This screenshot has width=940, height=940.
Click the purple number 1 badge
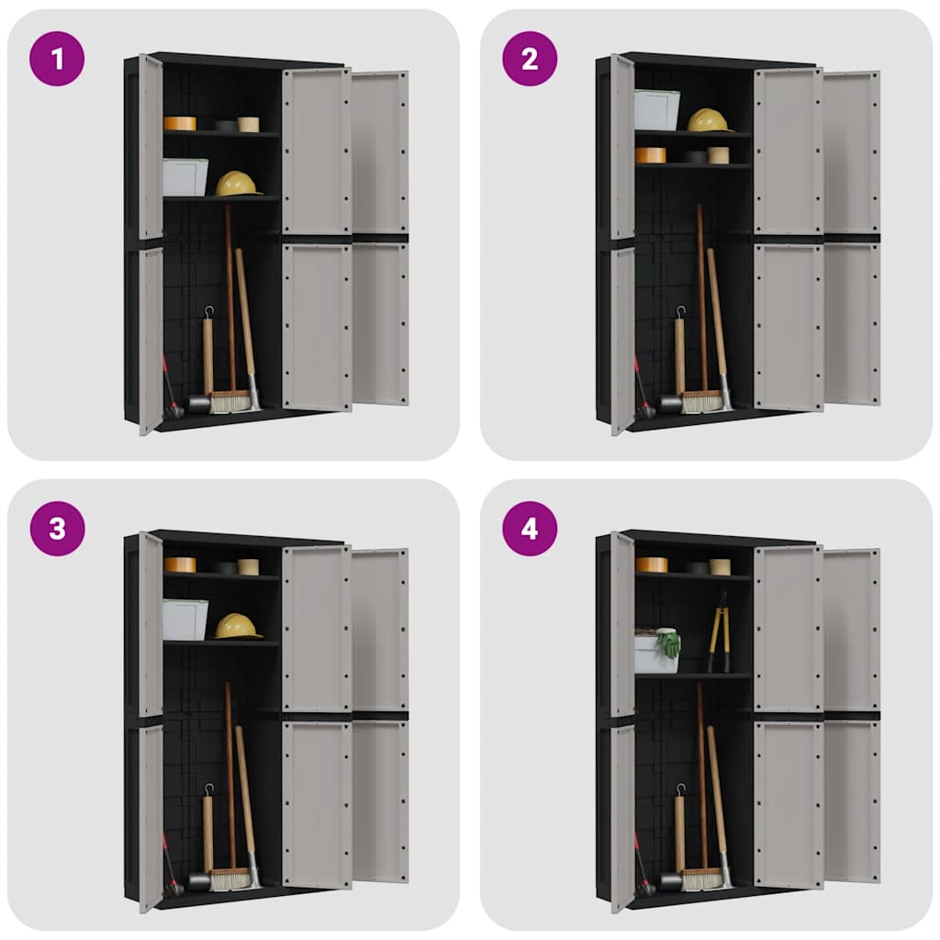coord(57,59)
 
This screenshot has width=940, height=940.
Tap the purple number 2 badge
coord(530,59)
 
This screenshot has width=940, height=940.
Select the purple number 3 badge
coord(57,529)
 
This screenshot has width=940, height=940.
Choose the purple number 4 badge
coord(530,529)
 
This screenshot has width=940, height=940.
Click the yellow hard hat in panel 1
coord(237,184)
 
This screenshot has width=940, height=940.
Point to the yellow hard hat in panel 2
coord(709,120)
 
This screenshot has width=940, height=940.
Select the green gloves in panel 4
coord(669,643)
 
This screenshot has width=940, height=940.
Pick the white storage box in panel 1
coord(185,177)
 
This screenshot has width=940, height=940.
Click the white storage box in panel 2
coord(656,110)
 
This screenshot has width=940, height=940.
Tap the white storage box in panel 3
coord(185,620)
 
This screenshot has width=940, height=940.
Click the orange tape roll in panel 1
coord(180,123)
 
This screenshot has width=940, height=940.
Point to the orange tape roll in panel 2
coord(651,155)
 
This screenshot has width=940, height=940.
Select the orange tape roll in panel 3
coord(180,565)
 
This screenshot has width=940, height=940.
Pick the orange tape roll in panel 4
coord(651,565)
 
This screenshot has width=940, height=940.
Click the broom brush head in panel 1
coord(229,402)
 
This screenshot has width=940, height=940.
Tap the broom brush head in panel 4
coord(701,879)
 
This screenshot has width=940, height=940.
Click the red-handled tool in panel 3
coord(169,863)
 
